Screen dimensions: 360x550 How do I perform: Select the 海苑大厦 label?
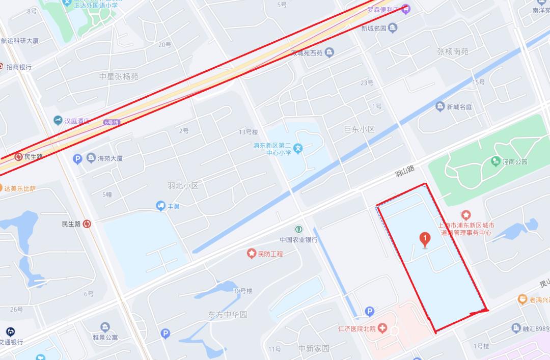[x=110, y=158]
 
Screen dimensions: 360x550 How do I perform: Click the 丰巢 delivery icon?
[x=160, y=206]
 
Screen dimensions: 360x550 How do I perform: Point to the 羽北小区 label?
[x=182, y=185]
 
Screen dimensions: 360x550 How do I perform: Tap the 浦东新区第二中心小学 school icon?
[x=299, y=148]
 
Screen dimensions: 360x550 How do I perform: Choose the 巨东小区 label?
[x=359, y=130]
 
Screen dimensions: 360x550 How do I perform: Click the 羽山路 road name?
[x=405, y=171]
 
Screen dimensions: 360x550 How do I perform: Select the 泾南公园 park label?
[x=515, y=162]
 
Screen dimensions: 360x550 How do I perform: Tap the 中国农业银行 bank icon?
[x=298, y=229]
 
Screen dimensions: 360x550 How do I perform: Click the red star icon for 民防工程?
[x=251, y=253]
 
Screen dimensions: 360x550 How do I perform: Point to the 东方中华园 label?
[x=227, y=315]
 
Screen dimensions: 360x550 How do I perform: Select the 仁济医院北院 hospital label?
[x=359, y=329]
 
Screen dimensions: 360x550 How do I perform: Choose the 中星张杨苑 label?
[x=119, y=76]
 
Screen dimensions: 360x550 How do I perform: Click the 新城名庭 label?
[x=459, y=107]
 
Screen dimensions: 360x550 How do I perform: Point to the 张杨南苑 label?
[x=452, y=51]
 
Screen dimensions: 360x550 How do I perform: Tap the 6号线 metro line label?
[x=111, y=122]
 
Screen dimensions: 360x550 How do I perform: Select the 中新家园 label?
[x=314, y=349]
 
